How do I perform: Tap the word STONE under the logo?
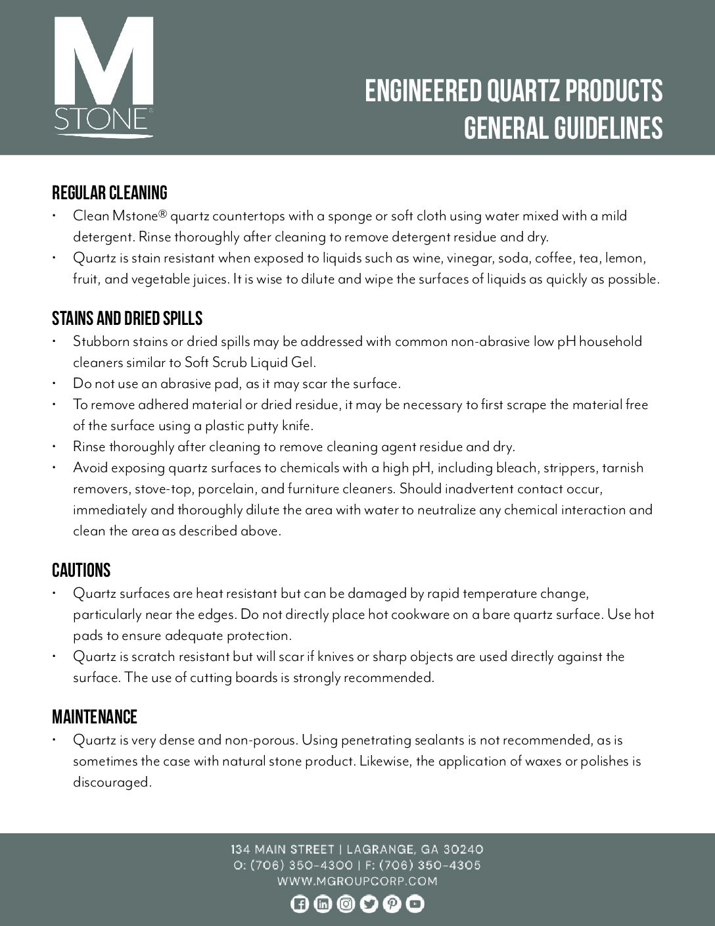[101, 120]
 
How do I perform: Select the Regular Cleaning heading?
[110, 193]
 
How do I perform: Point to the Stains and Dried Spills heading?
[127, 319]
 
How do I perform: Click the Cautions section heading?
[81, 570]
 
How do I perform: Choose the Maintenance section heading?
[95, 717]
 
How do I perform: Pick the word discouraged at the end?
[112, 783]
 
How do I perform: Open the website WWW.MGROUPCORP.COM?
[357, 881]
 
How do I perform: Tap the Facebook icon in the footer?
[299, 904]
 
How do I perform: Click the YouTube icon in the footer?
[415, 904]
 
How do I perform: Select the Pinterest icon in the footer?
[392, 904]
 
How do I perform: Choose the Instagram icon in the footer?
[346, 904]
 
